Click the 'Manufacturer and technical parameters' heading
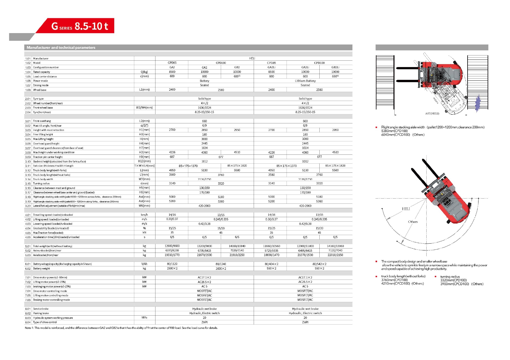click(61, 48)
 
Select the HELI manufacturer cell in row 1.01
click(252, 58)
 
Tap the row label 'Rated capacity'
click(42, 72)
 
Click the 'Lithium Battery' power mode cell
click(305, 81)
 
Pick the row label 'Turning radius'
click(41, 183)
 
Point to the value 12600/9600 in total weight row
click(172, 246)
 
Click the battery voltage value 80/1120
click(172, 264)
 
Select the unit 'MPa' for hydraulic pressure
click(144, 318)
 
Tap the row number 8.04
click(28, 322)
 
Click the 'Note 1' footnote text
click(121, 328)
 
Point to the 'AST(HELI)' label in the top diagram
click(432, 114)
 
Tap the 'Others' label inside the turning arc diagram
click(413, 222)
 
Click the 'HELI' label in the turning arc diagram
click(406, 209)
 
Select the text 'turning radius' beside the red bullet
click(450, 277)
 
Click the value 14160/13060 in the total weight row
click(335, 246)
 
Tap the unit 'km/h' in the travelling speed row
click(144, 215)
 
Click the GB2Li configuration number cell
click(335, 67)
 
